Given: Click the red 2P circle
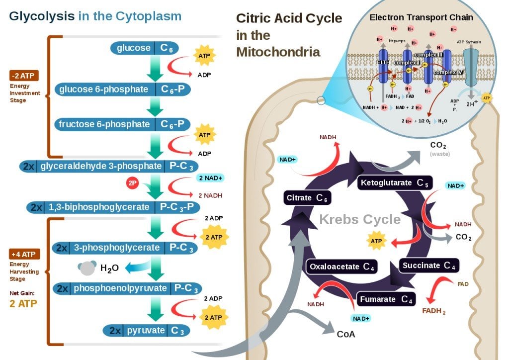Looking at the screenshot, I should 132,183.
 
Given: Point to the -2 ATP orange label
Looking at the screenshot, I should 23,76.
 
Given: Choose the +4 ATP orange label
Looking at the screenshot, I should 24,255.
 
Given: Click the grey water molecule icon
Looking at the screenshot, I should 87,268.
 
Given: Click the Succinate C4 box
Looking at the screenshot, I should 428,266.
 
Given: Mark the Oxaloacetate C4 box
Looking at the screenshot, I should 341,267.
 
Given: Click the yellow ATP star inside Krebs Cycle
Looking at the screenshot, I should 375,241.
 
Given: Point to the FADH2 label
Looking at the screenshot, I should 433,311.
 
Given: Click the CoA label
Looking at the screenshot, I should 345,334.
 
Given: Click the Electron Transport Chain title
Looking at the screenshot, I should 421,17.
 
